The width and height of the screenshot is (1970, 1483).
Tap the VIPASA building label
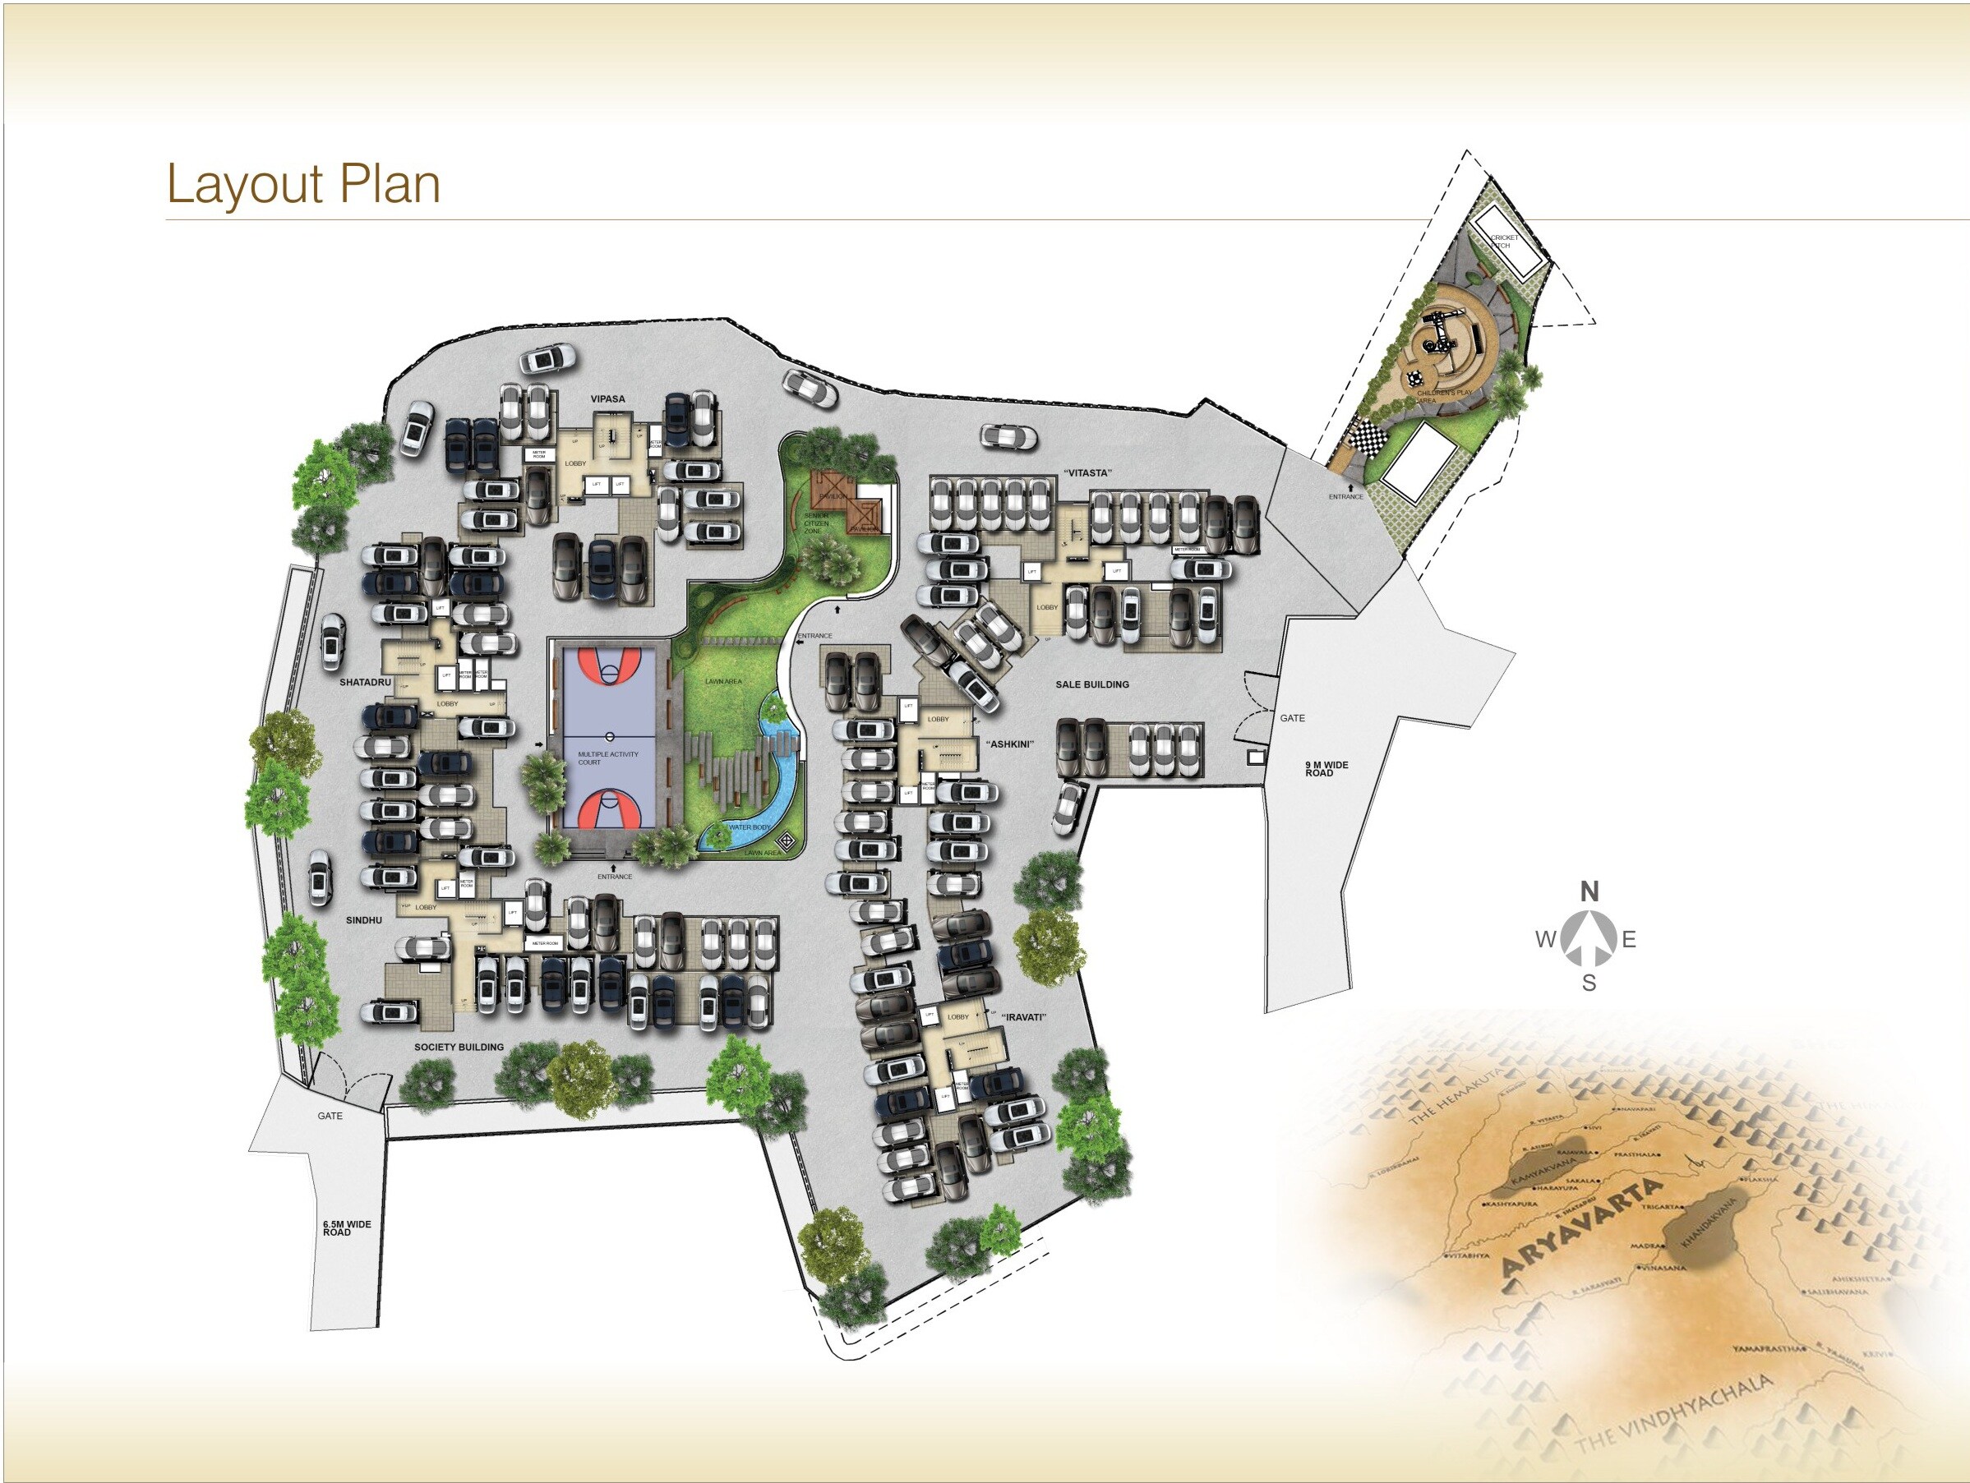[x=607, y=398]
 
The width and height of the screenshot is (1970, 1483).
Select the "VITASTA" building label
[x=1087, y=473]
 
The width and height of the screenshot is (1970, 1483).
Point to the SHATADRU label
[x=365, y=683]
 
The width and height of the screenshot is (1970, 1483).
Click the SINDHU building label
[x=363, y=920]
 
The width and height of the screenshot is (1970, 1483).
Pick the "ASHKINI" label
[x=1009, y=744]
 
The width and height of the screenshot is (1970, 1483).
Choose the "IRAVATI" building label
[x=1022, y=1017]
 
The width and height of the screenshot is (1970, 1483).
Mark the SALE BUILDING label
[x=1092, y=684]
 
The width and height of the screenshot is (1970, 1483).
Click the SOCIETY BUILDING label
[x=459, y=1048]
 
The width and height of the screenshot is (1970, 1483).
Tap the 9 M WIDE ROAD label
[x=1326, y=769]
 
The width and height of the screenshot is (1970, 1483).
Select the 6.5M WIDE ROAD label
[x=347, y=1228]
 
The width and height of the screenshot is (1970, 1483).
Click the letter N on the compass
[x=1589, y=891]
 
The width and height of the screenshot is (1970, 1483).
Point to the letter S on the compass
[x=1589, y=983]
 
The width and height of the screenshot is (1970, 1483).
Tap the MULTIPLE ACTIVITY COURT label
[x=607, y=758]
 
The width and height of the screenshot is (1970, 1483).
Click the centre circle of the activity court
[x=610, y=736]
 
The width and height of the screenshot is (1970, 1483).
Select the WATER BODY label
[x=749, y=828]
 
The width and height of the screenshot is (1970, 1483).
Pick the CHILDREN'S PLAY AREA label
[x=1444, y=396]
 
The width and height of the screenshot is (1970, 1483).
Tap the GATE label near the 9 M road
[x=1292, y=718]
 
